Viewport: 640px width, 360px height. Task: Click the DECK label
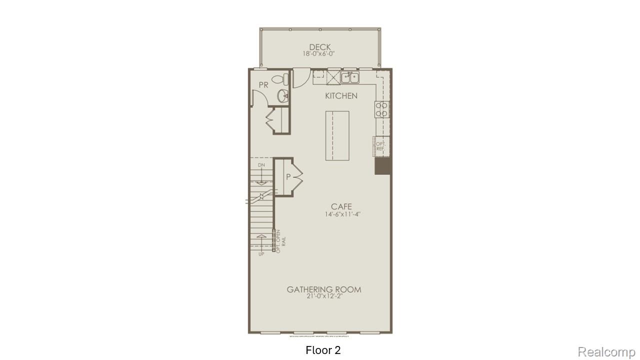click(x=320, y=47)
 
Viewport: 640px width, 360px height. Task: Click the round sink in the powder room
click(x=282, y=96)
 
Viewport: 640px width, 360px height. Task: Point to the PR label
click(x=263, y=85)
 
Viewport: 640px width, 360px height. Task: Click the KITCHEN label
click(x=341, y=95)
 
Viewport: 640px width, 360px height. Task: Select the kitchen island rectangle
click(x=337, y=135)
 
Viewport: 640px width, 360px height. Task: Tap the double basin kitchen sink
click(x=350, y=77)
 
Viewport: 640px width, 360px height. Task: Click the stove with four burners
click(x=381, y=109)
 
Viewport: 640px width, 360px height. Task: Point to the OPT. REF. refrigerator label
click(x=380, y=146)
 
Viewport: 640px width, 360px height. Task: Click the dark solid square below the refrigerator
click(x=382, y=166)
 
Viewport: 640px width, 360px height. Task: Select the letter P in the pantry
click(x=288, y=176)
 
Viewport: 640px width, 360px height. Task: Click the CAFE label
click(x=341, y=206)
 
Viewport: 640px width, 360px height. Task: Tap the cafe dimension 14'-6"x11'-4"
click(x=341, y=214)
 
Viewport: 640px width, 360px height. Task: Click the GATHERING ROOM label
click(x=324, y=289)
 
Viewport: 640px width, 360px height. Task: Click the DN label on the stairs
click(x=261, y=165)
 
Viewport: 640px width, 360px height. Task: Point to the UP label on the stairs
click(x=261, y=254)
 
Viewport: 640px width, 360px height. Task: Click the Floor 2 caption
click(x=323, y=350)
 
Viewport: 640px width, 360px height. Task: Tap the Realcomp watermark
click(x=607, y=352)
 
